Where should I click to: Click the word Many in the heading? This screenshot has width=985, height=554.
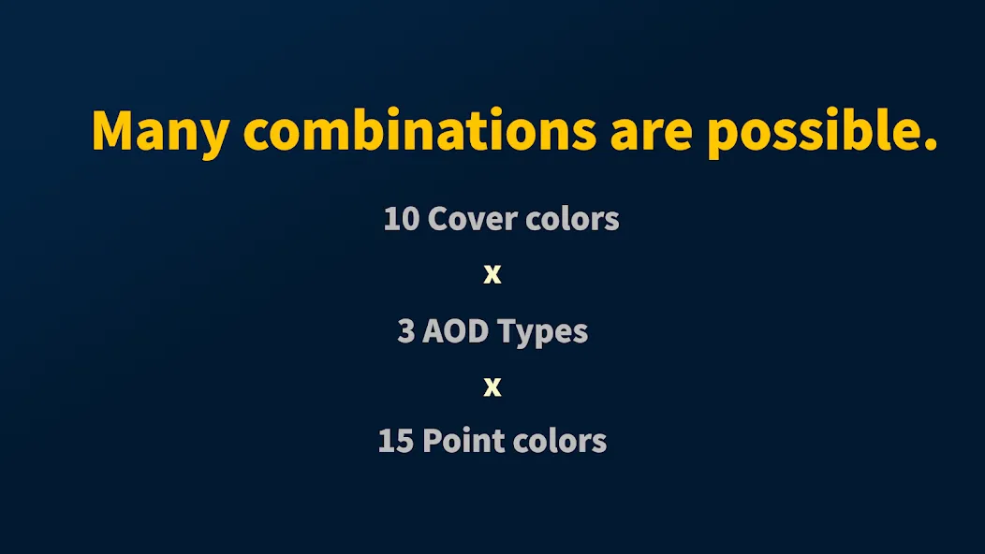pyautogui.click(x=160, y=132)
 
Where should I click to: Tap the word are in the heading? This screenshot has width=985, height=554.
pyautogui.click(x=651, y=135)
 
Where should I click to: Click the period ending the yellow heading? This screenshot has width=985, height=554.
pyautogui.click(x=931, y=144)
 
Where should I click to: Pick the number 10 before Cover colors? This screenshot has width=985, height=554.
pyautogui.click(x=402, y=219)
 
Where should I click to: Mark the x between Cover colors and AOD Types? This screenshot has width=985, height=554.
pyautogui.click(x=492, y=274)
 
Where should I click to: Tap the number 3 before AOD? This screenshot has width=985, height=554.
pyautogui.click(x=405, y=331)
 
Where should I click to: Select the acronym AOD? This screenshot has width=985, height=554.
pyautogui.click(x=455, y=331)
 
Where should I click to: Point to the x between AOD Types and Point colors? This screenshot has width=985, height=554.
pyautogui.click(x=492, y=386)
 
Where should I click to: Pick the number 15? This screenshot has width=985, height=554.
pyautogui.click(x=396, y=441)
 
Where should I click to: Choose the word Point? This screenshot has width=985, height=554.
pyautogui.click(x=463, y=441)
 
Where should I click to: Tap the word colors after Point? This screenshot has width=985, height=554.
pyautogui.click(x=560, y=441)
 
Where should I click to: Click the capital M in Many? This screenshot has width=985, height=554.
pyautogui.click(x=112, y=131)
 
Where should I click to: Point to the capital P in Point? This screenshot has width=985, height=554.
pyautogui.click(x=433, y=441)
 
